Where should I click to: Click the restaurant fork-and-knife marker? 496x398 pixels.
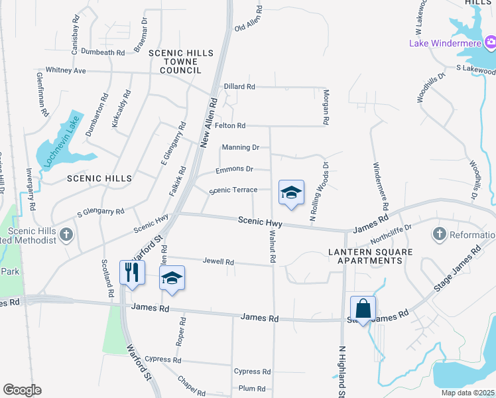(x=133, y=272)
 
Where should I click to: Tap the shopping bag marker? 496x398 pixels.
(x=363, y=308)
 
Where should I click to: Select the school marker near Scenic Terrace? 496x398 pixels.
(x=291, y=192)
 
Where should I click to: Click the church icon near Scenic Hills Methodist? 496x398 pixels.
(x=66, y=234)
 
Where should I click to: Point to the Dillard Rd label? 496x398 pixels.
(x=239, y=87)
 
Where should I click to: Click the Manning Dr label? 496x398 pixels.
(x=241, y=147)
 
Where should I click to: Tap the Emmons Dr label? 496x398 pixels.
(x=235, y=169)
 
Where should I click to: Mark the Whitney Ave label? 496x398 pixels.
(x=66, y=70)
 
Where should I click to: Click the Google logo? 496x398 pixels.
(x=22, y=390)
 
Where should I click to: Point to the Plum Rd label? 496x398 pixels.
(x=252, y=389)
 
